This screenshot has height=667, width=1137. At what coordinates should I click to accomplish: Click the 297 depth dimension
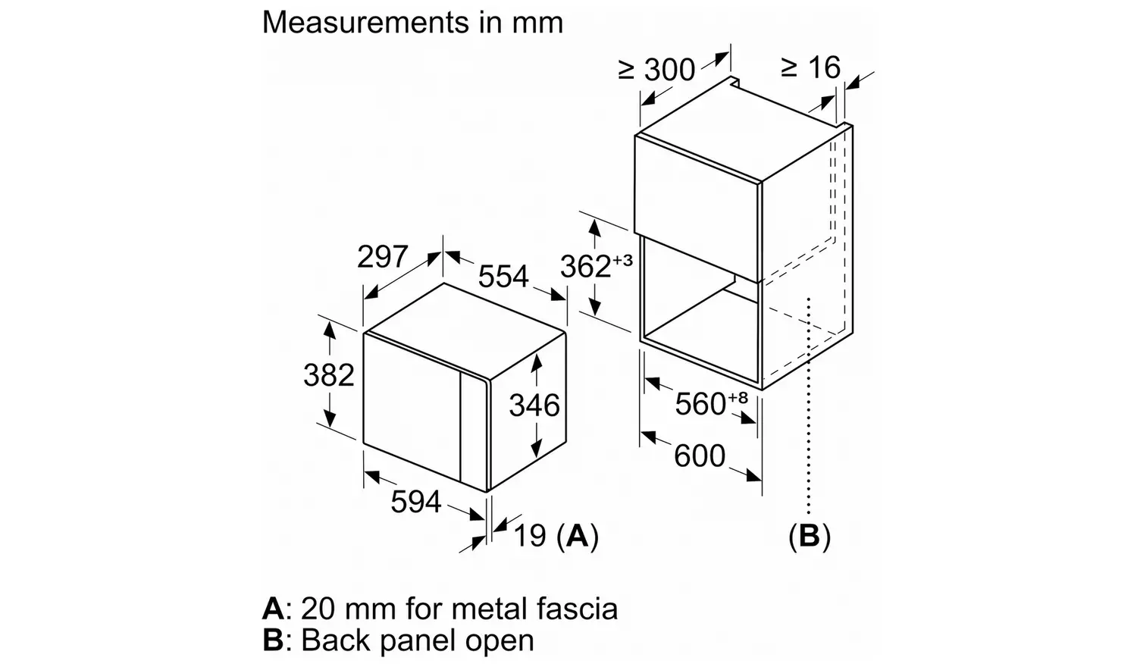point(383,258)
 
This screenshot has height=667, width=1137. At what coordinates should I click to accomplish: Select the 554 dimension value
point(503,277)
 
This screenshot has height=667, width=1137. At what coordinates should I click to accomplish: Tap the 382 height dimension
point(328,375)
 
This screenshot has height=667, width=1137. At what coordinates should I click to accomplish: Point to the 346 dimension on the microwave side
point(534,406)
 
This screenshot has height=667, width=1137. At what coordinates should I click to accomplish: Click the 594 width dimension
point(415,502)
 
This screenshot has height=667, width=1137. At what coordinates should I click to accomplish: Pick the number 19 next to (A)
point(530,536)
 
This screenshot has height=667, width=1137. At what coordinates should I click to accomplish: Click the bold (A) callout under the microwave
point(578,536)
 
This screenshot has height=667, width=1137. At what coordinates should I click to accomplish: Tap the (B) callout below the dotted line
point(810,536)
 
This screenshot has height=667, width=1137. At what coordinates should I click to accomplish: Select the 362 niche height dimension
point(585,267)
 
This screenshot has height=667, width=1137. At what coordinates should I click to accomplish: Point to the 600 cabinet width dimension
point(700,456)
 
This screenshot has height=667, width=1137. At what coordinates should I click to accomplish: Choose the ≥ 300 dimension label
point(656,70)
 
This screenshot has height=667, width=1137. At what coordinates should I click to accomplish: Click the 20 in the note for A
point(317,609)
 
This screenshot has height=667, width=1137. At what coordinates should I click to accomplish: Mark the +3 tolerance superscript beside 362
point(622,260)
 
